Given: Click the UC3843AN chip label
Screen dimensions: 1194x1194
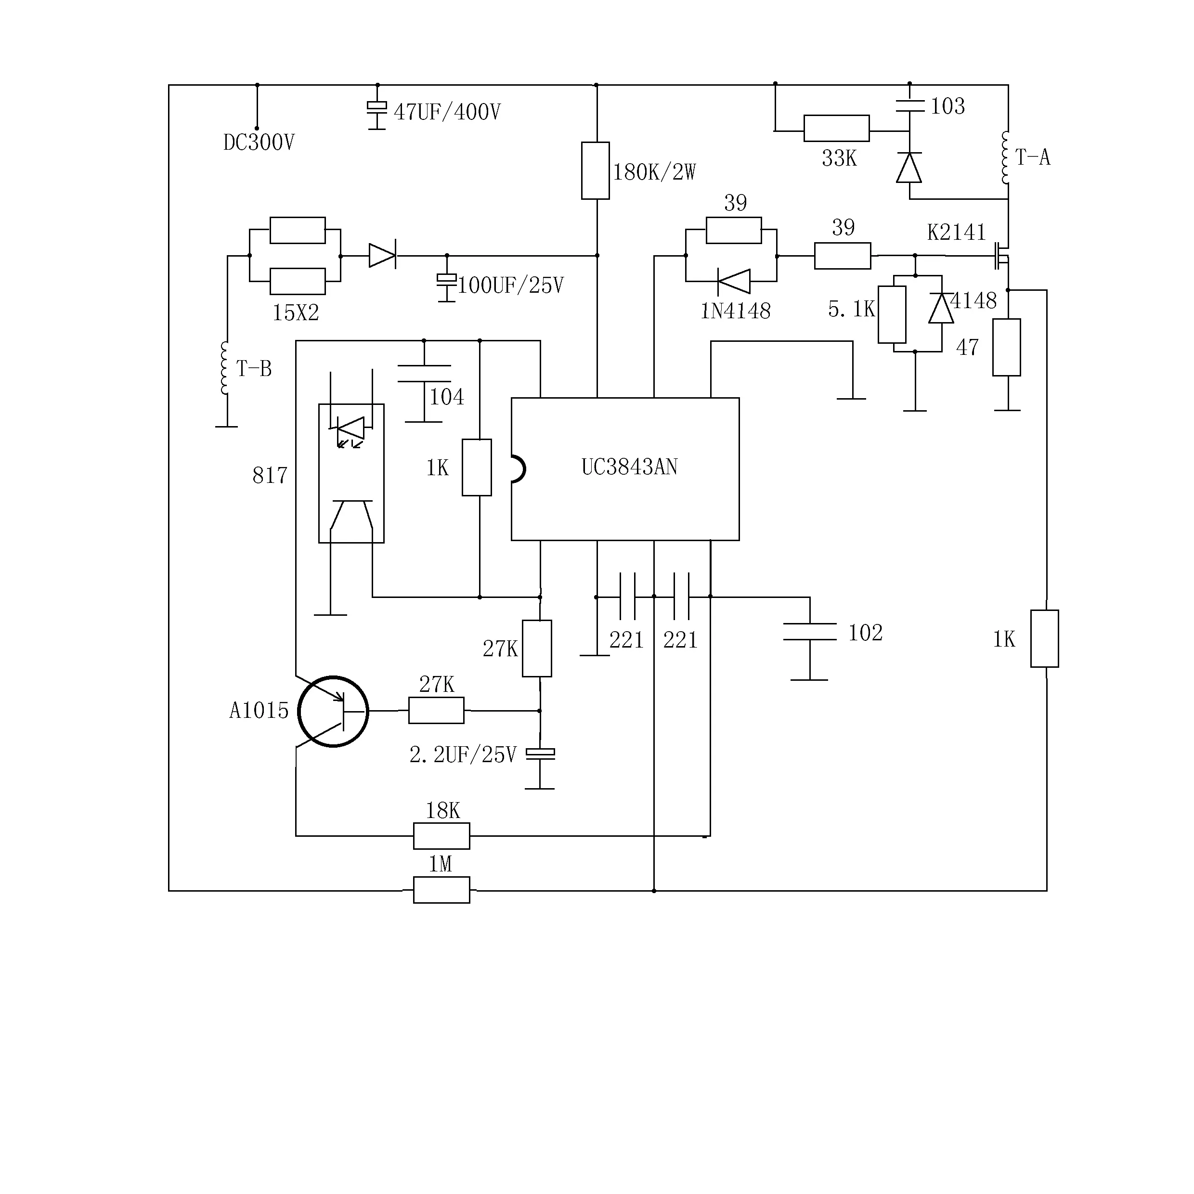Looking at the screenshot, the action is point(629,467).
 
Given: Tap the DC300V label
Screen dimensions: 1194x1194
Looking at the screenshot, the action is point(259,143).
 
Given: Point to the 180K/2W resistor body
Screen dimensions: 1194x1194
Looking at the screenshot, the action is point(595,170).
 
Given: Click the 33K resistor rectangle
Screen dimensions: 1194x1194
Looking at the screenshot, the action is point(836,129).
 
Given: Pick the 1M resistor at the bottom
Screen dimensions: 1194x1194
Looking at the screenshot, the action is point(441,890).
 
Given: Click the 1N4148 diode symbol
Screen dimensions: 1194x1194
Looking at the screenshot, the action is point(734,282).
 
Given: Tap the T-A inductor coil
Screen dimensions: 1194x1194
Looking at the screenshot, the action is point(1005,157).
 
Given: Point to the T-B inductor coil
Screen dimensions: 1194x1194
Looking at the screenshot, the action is point(225,368).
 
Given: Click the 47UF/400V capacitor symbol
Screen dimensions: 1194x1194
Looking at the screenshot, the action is point(377,111).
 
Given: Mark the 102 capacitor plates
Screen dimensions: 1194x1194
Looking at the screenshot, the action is point(810,632).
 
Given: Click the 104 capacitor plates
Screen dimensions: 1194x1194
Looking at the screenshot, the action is point(424,373).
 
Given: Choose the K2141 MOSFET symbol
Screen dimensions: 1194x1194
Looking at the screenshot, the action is point(1002,255).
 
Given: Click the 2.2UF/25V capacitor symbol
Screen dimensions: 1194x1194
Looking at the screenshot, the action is point(540,753).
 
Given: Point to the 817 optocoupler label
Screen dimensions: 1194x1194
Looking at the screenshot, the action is point(270,475).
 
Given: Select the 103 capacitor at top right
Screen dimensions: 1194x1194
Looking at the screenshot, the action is point(910,106).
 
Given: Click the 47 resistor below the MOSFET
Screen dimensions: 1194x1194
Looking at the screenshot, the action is point(1007,347).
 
